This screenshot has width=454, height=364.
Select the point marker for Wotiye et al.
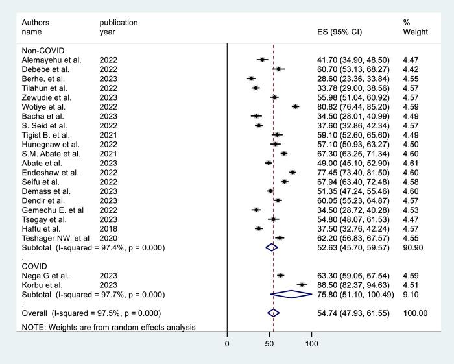(296, 106)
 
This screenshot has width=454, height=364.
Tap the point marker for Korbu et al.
(302, 285)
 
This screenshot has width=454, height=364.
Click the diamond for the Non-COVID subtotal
(272, 247)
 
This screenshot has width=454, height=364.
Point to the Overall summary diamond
(273, 313)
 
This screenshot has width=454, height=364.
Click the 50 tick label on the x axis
(269, 343)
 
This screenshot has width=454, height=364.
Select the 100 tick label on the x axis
(311, 343)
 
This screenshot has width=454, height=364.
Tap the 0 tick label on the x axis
(227, 343)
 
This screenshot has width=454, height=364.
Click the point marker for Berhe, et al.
(251, 79)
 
